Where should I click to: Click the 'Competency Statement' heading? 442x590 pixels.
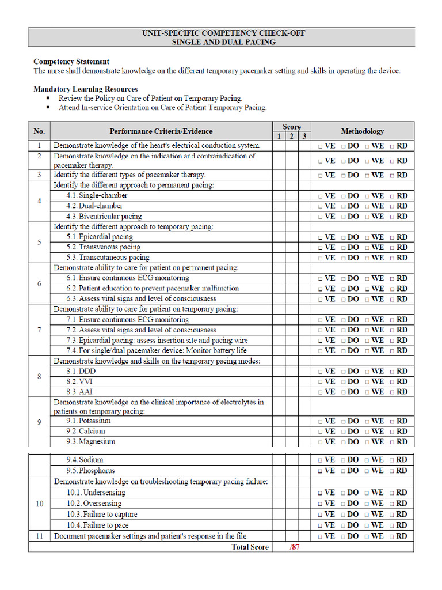(x=71, y=62)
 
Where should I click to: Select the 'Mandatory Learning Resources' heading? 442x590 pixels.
(x=85, y=89)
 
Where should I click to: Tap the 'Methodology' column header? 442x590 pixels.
(x=362, y=131)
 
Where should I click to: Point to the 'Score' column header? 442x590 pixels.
(x=291, y=127)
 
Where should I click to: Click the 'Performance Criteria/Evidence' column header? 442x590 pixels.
(x=161, y=131)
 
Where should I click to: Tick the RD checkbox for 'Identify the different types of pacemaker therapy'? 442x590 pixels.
(x=393, y=175)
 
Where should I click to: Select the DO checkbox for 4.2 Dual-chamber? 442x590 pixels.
(x=344, y=206)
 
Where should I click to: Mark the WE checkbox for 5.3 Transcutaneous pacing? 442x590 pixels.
(x=368, y=258)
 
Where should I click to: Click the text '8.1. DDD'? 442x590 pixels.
(x=81, y=372)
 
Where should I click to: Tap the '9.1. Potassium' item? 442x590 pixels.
(x=88, y=421)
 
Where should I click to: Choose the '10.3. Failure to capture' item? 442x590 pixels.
(x=101, y=515)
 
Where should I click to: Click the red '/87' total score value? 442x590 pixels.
(x=294, y=547)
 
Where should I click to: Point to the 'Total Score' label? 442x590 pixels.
(x=250, y=547)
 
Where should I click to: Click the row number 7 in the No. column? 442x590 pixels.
(x=39, y=330)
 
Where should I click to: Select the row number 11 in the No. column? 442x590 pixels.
(x=39, y=536)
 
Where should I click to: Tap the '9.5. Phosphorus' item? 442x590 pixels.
(x=90, y=471)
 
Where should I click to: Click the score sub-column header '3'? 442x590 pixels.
(x=304, y=137)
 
